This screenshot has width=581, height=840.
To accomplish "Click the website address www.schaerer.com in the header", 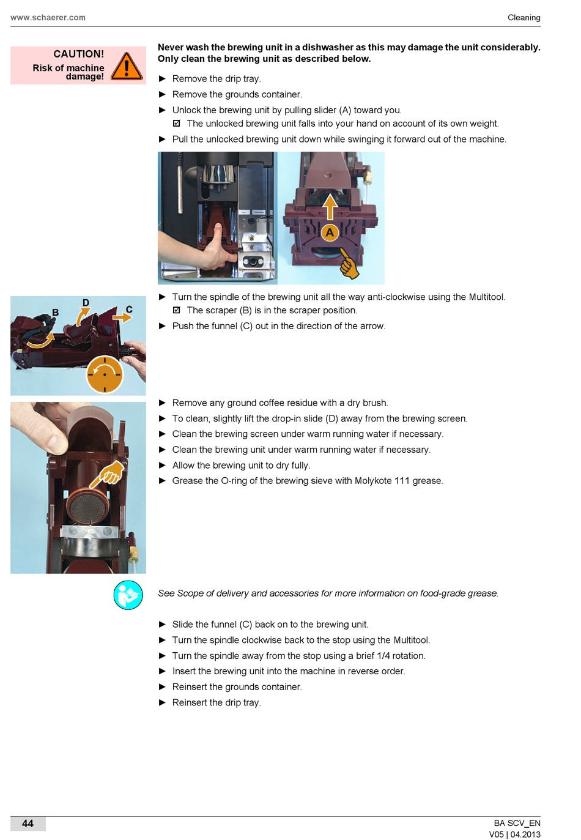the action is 48,18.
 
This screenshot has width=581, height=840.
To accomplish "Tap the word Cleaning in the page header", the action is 524,18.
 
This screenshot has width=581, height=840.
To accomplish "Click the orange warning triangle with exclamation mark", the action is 127,66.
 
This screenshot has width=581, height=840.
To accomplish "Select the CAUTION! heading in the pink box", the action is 78,54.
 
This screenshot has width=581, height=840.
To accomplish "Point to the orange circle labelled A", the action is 330,232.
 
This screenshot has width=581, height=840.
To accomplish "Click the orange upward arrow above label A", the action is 330,207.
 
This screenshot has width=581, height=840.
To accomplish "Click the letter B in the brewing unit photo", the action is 55,312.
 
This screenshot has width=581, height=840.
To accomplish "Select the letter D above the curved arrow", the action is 86,302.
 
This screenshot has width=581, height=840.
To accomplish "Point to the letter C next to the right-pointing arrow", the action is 129,310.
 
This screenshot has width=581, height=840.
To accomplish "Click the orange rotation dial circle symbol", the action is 105,374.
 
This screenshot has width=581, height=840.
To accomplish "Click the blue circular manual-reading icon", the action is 128,595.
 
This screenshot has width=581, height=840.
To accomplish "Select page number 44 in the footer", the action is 28,823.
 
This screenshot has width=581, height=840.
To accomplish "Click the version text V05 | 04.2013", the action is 514,834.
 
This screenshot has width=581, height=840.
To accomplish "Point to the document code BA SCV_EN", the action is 517,823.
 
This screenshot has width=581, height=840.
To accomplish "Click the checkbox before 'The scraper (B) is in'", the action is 177,310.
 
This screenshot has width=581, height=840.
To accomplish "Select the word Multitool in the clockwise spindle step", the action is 411,640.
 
